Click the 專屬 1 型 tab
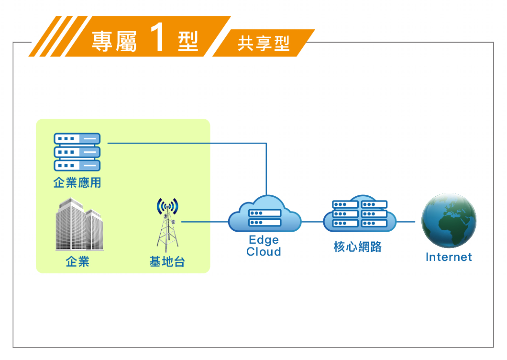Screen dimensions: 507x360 pos(145,36)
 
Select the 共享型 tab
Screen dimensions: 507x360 pos(264,43)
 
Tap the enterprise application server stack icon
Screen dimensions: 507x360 pos(77,152)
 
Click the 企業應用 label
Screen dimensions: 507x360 pos(77,182)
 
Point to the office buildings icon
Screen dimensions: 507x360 pos(79,224)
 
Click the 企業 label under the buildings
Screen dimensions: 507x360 pos(77,261)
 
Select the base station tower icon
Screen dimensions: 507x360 pos(167,225)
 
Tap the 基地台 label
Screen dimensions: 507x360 pos(167,261)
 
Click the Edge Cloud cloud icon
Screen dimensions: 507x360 pos(265,214)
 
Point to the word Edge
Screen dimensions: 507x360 pos(264,240)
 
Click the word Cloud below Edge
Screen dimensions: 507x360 pos(264,251)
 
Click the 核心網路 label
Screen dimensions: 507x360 pos(358,247)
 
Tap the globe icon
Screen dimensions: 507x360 pos(449,220)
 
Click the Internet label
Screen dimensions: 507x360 pos(449,257)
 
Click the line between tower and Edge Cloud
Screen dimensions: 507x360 pos(205,222)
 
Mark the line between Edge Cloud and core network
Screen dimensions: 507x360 pos(312,222)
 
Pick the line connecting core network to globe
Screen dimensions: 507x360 pos(406,222)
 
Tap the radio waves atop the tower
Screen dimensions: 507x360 pos(167,206)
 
